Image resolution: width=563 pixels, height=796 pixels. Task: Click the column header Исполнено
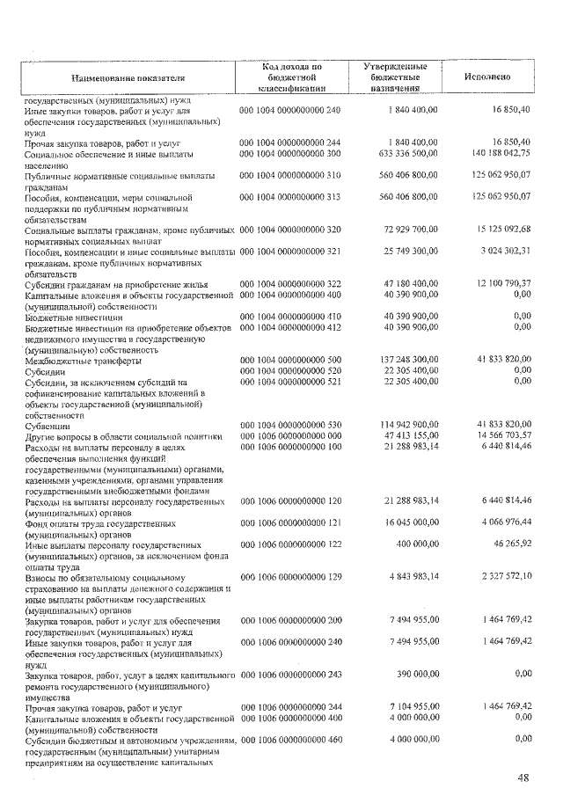click(x=486, y=77)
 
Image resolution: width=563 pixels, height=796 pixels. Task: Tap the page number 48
click(x=523, y=778)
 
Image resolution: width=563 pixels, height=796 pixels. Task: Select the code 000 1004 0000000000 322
click(x=289, y=282)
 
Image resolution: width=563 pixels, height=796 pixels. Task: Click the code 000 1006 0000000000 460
click(x=289, y=740)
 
